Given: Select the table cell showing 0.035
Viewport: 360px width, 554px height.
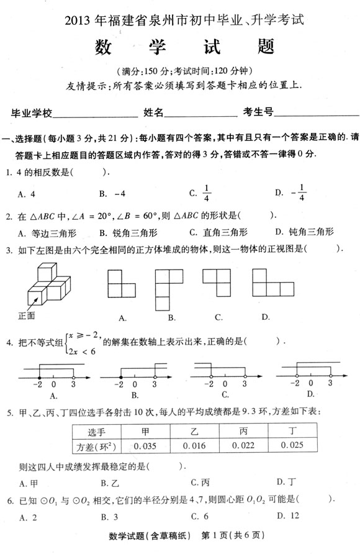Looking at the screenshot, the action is pyautogui.click(x=145, y=445).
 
